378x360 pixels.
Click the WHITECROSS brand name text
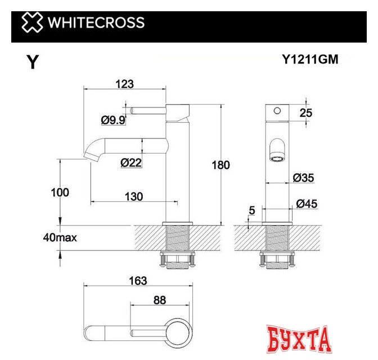click(x=96, y=23)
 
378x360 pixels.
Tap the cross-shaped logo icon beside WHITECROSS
click(x=31, y=23)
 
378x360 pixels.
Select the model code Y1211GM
click(x=310, y=60)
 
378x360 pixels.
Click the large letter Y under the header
click(x=33, y=63)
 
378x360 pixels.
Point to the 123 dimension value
click(x=124, y=84)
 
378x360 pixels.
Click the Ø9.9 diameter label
click(x=113, y=119)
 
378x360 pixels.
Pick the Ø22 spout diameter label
click(x=131, y=163)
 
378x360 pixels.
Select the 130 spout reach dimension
click(x=133, y=196)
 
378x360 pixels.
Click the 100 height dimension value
click(x=60, y=192)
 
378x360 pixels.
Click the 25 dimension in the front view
click(x=305, y=112)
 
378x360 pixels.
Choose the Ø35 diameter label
click(x=304, y=178)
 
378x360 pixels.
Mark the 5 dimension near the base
click(x=251, y=211)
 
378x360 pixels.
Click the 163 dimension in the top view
click(x=137, y=281)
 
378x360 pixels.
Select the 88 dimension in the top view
click(x=160, y=301)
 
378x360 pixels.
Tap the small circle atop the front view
click(x=276, y=111)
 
